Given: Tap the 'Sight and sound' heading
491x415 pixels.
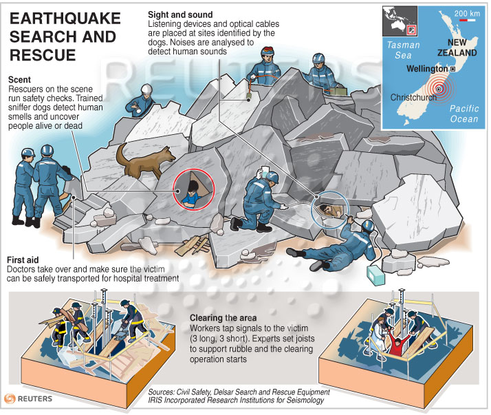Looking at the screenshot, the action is (180, 14).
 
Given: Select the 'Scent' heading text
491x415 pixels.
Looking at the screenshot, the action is (19, 80).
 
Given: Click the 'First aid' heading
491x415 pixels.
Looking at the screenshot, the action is (23, 260).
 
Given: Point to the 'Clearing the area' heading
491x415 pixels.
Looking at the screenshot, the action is (223, 318).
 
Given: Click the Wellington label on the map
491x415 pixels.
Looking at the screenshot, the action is (427, 69).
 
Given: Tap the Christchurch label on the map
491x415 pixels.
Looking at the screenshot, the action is (413, 98).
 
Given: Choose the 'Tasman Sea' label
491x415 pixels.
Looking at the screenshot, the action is (403, 50).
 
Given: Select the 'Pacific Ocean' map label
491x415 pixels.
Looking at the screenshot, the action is (464, 114).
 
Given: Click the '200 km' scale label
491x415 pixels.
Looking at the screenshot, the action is (467, 13).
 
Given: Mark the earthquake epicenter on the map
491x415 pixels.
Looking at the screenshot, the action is (439, 89).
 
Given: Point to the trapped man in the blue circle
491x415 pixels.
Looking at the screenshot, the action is (330, 210).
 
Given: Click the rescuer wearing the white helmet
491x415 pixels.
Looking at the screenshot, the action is (141, 100).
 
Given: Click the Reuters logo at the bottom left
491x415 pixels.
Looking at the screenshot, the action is (28, 398).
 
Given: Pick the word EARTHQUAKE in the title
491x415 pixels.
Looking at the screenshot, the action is (65, 18).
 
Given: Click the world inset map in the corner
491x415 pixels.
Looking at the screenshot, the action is (400, 21).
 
